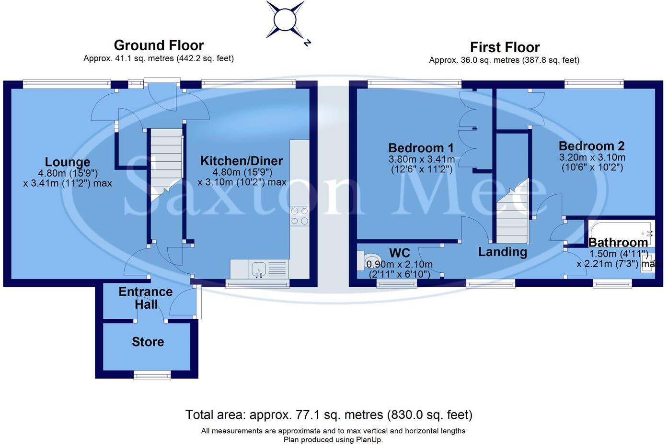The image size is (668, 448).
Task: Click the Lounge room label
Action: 68,162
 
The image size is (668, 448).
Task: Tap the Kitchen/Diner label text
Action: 242,161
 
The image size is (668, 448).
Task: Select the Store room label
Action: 148,342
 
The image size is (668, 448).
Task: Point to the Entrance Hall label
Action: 146,298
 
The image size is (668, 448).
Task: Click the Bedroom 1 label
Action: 421,148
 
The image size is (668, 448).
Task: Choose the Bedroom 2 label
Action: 592,146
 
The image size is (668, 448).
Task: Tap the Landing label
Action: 503,252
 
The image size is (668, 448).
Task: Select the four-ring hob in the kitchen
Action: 299,216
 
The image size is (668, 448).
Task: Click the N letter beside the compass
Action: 307,43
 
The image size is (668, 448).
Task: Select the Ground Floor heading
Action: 159,45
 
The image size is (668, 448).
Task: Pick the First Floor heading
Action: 505,47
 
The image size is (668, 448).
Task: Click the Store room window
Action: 152,375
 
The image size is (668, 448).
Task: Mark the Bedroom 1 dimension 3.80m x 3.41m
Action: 421,159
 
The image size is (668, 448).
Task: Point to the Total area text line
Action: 329,414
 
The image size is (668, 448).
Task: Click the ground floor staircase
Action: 166,165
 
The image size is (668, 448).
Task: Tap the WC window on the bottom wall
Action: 397,284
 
